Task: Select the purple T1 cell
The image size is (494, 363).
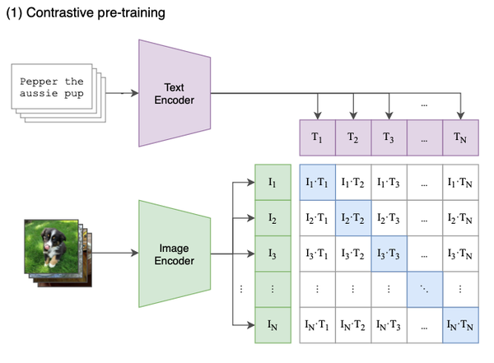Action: click(317, 137)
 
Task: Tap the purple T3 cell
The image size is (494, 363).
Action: click(389, 137)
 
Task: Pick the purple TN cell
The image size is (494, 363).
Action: click(459, 137)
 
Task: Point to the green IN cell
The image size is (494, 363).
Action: click(273, 326)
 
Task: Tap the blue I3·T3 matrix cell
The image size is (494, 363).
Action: click(389, 254)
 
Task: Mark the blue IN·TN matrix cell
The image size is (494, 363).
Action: click(459, 326)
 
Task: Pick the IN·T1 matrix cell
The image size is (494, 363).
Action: click(317, 326)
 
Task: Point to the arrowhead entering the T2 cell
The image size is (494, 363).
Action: click(352, 116)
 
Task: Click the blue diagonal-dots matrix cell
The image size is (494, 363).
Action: click(424, 290)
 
